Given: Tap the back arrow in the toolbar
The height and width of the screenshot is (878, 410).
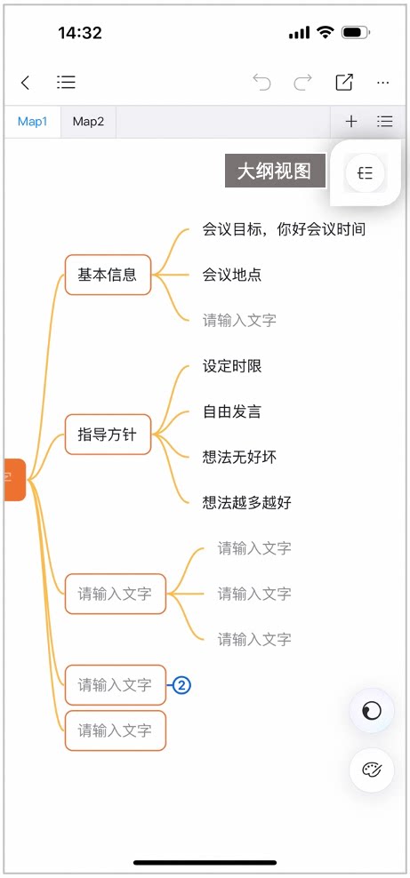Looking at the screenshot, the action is click(25, 83).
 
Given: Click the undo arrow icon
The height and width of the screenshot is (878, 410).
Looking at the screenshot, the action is click(261, 83).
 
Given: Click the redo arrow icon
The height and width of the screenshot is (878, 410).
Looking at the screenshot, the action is click(303, 83).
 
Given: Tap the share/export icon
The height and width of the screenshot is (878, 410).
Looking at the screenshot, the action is click(344, 83).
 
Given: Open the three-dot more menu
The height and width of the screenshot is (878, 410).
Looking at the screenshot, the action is click(383, 83).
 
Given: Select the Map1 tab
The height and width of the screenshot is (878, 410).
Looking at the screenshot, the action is click(33, 122).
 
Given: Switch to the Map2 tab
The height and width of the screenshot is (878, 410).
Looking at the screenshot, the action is click(89, 122).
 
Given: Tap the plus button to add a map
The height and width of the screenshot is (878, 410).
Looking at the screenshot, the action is click(351, 121).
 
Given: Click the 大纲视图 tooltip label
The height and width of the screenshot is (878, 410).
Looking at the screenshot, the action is click(275, 171).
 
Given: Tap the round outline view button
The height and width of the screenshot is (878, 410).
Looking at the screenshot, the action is click(366, 173).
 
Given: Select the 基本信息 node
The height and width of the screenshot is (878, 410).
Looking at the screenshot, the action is click(109, 275).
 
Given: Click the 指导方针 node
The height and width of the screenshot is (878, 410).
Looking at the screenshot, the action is click(109, 435).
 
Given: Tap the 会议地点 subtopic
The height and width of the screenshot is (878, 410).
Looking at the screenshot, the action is click(232, 275).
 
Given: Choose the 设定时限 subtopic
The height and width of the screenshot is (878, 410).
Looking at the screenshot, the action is click(232, 366).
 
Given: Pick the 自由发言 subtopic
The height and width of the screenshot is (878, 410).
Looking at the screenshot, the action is click(232, 412).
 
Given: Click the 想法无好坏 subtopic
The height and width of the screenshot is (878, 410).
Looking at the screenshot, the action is click(239, 458).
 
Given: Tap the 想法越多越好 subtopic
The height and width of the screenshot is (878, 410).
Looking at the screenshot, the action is click(247, 502).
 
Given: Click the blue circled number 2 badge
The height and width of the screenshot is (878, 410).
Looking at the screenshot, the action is click(181, 685).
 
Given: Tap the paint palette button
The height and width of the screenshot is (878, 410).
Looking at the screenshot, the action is click(372, 770).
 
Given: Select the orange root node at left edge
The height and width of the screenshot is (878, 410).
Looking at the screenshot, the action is click(15, 480).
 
